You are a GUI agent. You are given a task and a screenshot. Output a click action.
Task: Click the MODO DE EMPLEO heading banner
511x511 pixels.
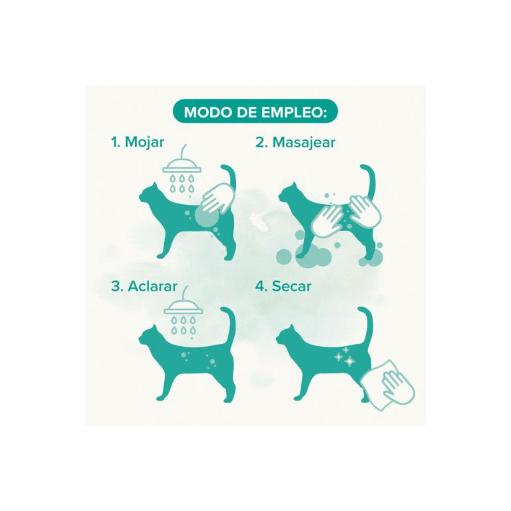tap(255, 112)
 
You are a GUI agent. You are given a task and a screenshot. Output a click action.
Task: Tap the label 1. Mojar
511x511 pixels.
tap(138, 142)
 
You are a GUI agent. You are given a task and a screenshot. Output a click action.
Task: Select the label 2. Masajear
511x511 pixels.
tap(295, 143)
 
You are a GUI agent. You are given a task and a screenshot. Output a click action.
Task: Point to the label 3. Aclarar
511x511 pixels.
tap(144, 286)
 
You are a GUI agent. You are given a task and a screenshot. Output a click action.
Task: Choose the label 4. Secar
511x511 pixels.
tap(283, 286)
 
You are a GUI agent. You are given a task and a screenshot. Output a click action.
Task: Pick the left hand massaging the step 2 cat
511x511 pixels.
tap(327, 219)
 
